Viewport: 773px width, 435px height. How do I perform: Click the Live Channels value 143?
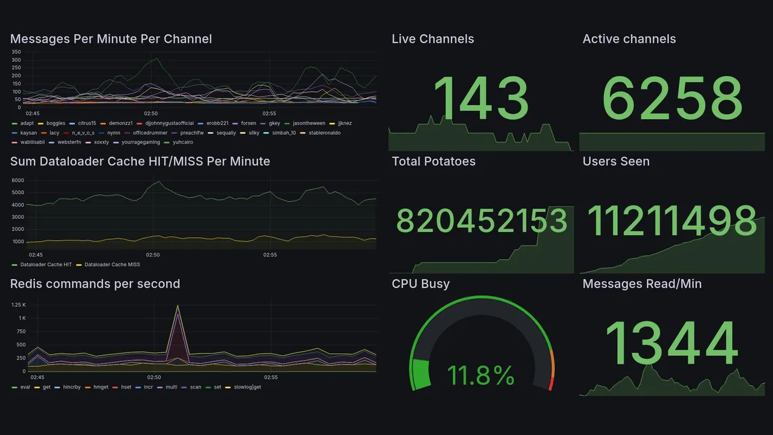481,99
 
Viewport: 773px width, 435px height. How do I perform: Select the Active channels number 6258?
672,99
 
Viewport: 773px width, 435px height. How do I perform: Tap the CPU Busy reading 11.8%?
481,376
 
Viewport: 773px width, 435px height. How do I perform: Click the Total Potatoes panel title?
433,161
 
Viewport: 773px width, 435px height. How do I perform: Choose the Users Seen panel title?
616,161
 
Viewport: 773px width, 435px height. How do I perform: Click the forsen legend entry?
248,123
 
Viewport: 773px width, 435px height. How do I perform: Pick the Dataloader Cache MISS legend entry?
112,265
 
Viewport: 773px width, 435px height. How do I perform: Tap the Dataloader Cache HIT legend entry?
46,265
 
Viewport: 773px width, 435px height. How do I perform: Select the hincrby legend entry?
71,387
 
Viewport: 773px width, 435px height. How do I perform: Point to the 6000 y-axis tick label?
18,181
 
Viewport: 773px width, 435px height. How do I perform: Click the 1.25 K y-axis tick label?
18,305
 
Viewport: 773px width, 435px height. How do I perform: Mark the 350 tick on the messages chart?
16,52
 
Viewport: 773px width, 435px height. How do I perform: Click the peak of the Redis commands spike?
178,306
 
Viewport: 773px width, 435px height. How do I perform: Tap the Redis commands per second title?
95,284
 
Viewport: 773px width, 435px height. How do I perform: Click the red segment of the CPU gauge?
550,383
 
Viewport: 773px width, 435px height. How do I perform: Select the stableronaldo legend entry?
324,133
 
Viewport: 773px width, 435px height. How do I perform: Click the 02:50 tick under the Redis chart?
154,378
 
